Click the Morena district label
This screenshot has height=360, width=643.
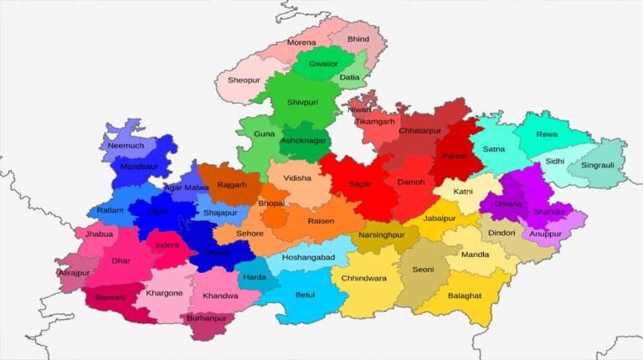pos(301,42)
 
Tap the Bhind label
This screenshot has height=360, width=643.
pos(358,39)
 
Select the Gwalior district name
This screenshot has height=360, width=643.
pos(323,64)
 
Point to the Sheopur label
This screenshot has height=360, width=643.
pos(244,80)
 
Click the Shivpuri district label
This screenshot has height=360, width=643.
pos(302,102)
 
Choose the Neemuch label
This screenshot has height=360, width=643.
pos(126,146)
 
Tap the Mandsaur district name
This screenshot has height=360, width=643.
pos(139,167)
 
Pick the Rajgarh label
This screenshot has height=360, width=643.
pos(232,185)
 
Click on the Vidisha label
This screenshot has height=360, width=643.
pos(297,178)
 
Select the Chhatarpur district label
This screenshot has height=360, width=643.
pos(419,131)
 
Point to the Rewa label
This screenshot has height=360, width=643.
pos(547,134)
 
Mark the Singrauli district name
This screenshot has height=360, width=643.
pos(596,165)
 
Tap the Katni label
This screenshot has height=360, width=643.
pos(463,192)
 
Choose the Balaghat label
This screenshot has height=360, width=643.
pos(465,296)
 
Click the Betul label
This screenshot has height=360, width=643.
pos(305,295)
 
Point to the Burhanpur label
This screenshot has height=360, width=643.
pos(207,319)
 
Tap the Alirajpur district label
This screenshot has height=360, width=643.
pos(74,273)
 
